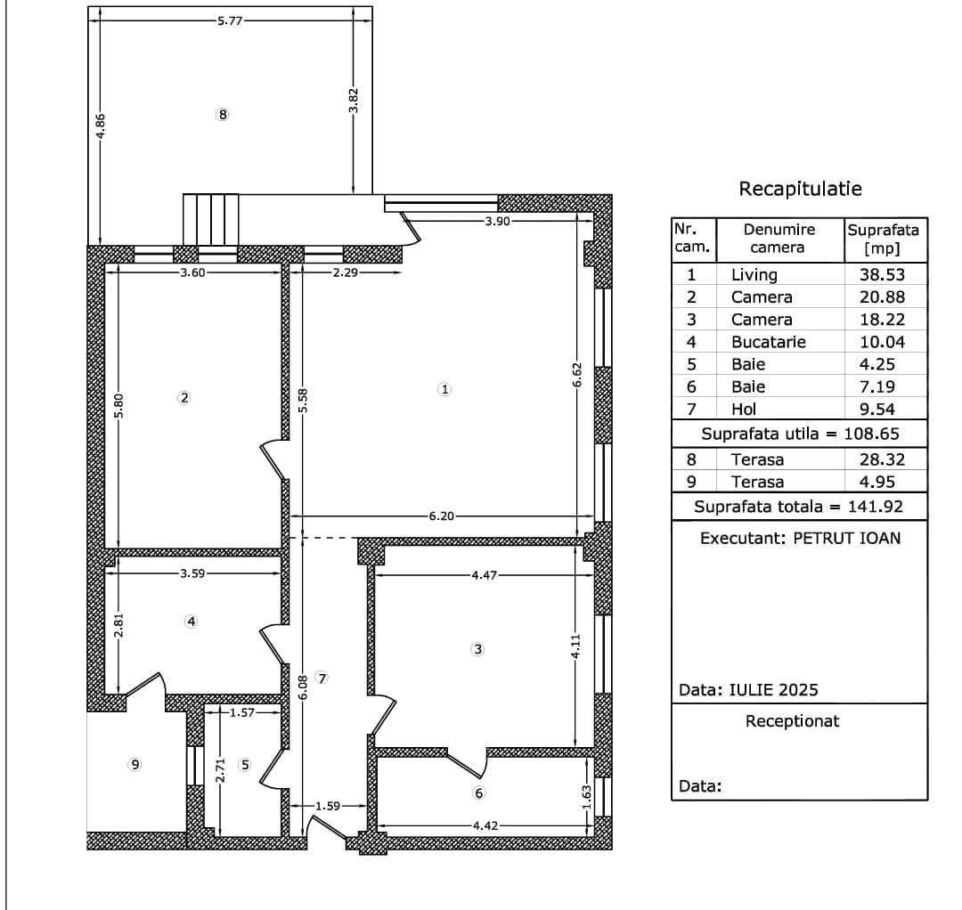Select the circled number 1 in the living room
[445, 389]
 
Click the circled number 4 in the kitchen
[191, 622]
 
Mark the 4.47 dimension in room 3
[485, 575]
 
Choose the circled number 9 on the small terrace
[135, 764]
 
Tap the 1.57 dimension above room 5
[242, 712]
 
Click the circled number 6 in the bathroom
[478, 793]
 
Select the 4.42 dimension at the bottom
[485, 825]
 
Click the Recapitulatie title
[800, 189]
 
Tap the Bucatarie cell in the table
[768, 342]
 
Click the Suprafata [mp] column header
[883, 239]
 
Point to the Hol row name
[744, 410]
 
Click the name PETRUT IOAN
[846, 538]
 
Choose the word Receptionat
[792, 721]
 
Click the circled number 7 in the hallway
[322, 678]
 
